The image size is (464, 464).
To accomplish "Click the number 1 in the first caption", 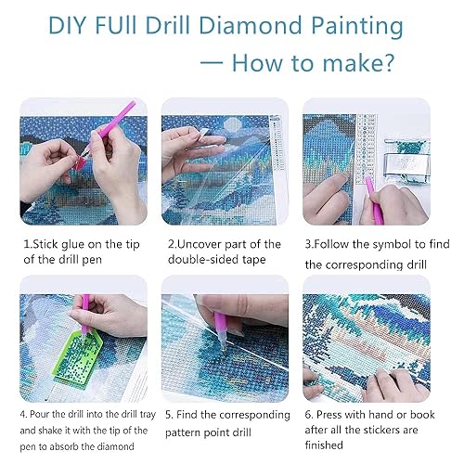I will pyautogui.click(x=28, y=244).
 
